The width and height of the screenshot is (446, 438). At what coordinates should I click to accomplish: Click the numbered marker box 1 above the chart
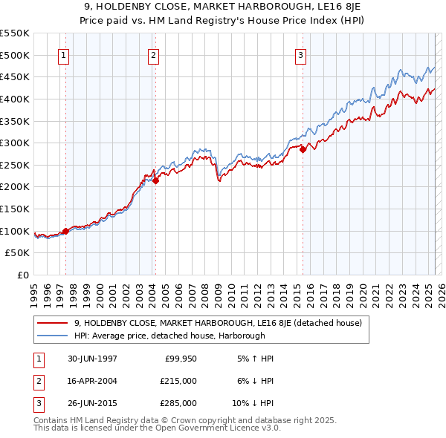(63, 54)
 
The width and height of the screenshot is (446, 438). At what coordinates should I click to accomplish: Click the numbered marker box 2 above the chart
(153, 54)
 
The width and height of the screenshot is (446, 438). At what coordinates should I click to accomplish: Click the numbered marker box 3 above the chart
(300, 54)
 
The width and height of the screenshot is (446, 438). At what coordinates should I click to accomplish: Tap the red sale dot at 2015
(303, 149)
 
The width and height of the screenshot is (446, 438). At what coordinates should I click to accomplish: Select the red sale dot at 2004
(156, 180)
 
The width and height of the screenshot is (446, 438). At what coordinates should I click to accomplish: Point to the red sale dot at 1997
(66, 231)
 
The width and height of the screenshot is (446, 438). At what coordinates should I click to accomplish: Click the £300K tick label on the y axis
(16, 143)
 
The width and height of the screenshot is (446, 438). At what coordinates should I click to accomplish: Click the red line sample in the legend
(51, 323)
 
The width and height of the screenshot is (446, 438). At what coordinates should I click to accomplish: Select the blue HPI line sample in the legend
(51, 335)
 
